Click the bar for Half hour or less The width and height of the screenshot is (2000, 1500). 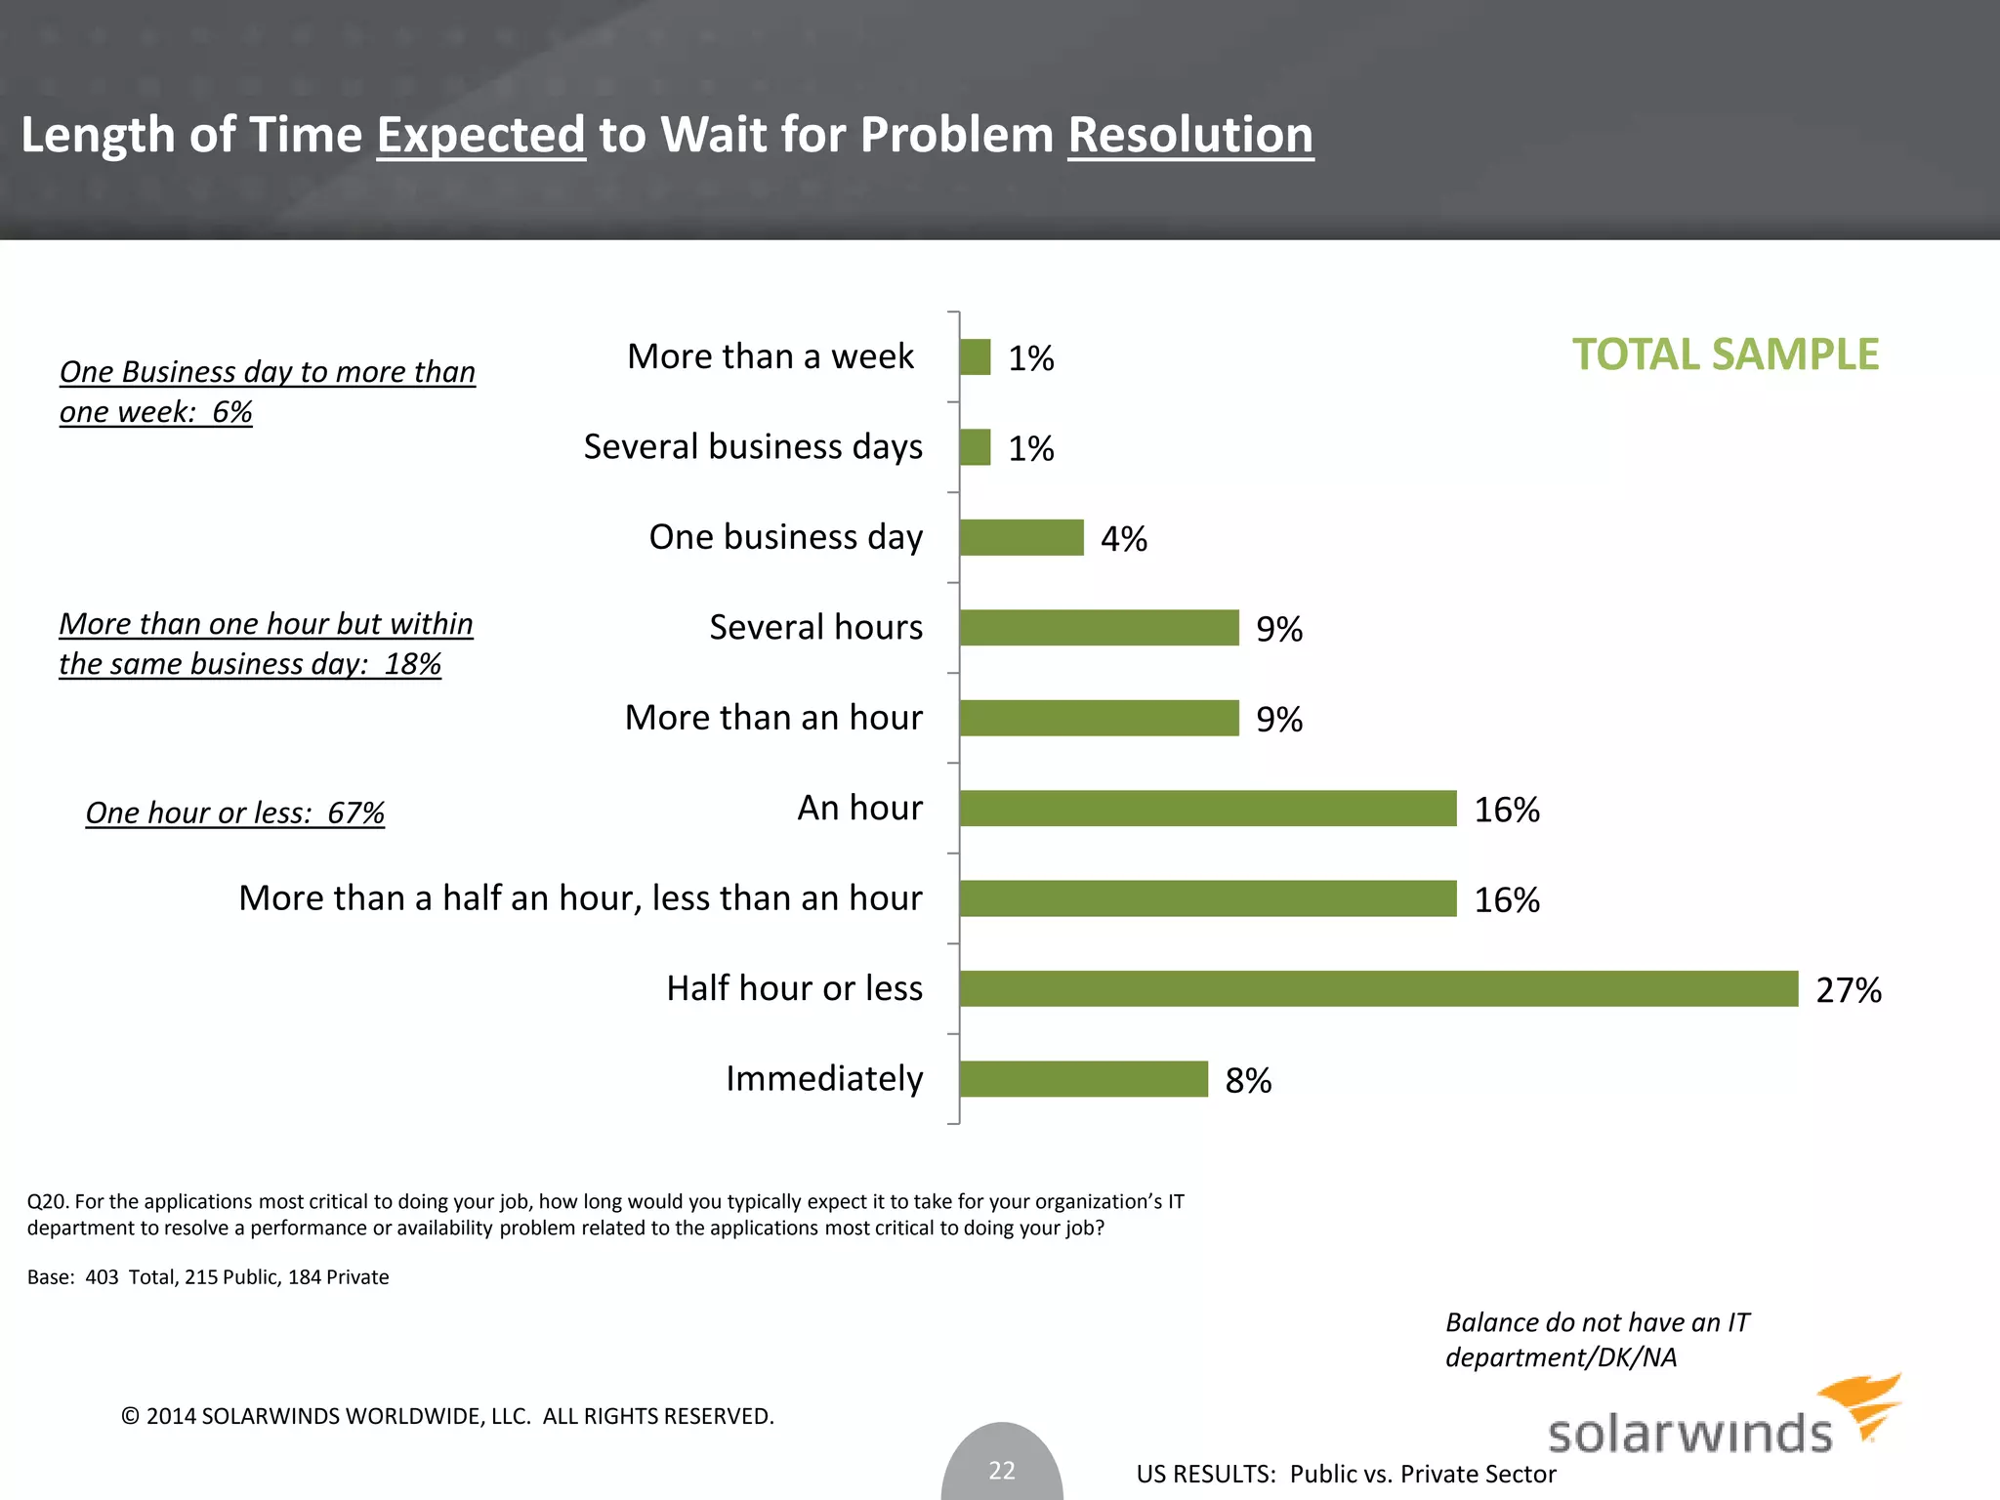[1378, 988]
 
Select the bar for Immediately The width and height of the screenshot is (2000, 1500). [1083, 1079]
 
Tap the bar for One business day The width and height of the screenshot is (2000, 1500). [1021, 537]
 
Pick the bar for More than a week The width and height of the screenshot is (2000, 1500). [975, 357]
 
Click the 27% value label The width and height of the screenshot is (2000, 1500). [1848, 990]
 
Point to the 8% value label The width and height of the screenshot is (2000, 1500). [1248, 1080]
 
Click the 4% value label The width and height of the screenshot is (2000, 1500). [1123, 539]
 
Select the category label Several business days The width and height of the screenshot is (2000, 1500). [752, 447]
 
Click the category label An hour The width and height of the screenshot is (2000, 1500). [859, 808]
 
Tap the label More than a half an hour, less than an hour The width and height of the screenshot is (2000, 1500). [580, 898]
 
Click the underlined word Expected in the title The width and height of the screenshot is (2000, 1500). [480, 135]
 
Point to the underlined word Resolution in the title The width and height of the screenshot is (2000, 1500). [1189, 135]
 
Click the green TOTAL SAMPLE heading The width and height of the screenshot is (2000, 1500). [1725, 354]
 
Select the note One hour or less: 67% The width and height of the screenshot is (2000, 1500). [234, 812]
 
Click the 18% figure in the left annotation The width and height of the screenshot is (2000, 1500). [413, 664]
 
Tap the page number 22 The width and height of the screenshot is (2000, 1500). [1002, 1470]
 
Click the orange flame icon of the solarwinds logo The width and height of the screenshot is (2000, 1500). [1863, 1404]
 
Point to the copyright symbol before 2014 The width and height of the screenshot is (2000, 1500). [130, 1416]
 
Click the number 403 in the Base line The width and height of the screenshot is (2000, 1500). [102, 1277]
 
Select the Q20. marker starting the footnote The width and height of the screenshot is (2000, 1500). [48, 1201]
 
